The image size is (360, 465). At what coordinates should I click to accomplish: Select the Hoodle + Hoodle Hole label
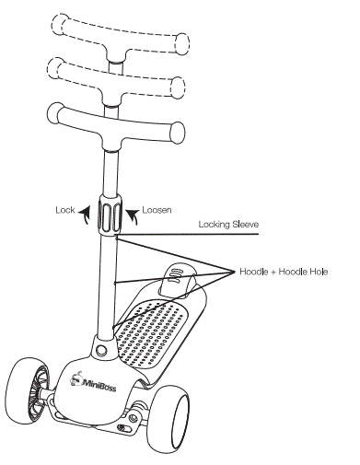point(284,272)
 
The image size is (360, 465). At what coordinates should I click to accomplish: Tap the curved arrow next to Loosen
point(135,216)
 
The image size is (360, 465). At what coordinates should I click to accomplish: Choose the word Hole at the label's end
point(313,272)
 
